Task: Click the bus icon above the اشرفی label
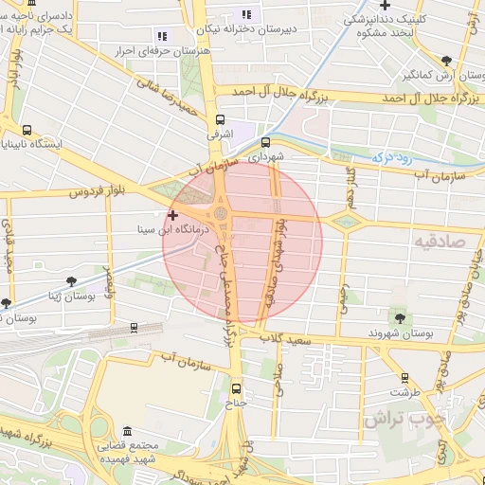click(221, 120)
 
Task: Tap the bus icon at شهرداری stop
click(264, 144)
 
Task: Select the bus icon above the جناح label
click(236, 387)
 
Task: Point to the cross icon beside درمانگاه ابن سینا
click(172, 216)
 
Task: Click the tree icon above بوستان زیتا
click(72, 280)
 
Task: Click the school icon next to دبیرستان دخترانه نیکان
click(246, 14)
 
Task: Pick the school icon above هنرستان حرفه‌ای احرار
click(160, 35)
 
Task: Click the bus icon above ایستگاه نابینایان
click(26, 130)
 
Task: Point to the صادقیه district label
click(437, 242)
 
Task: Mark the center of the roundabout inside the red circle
click(222, 214)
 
